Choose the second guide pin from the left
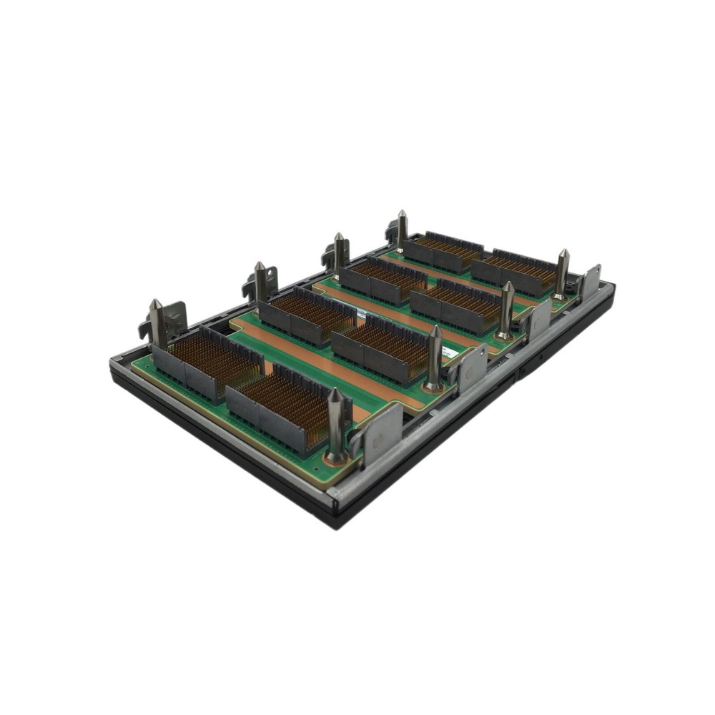tap(260, 281)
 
